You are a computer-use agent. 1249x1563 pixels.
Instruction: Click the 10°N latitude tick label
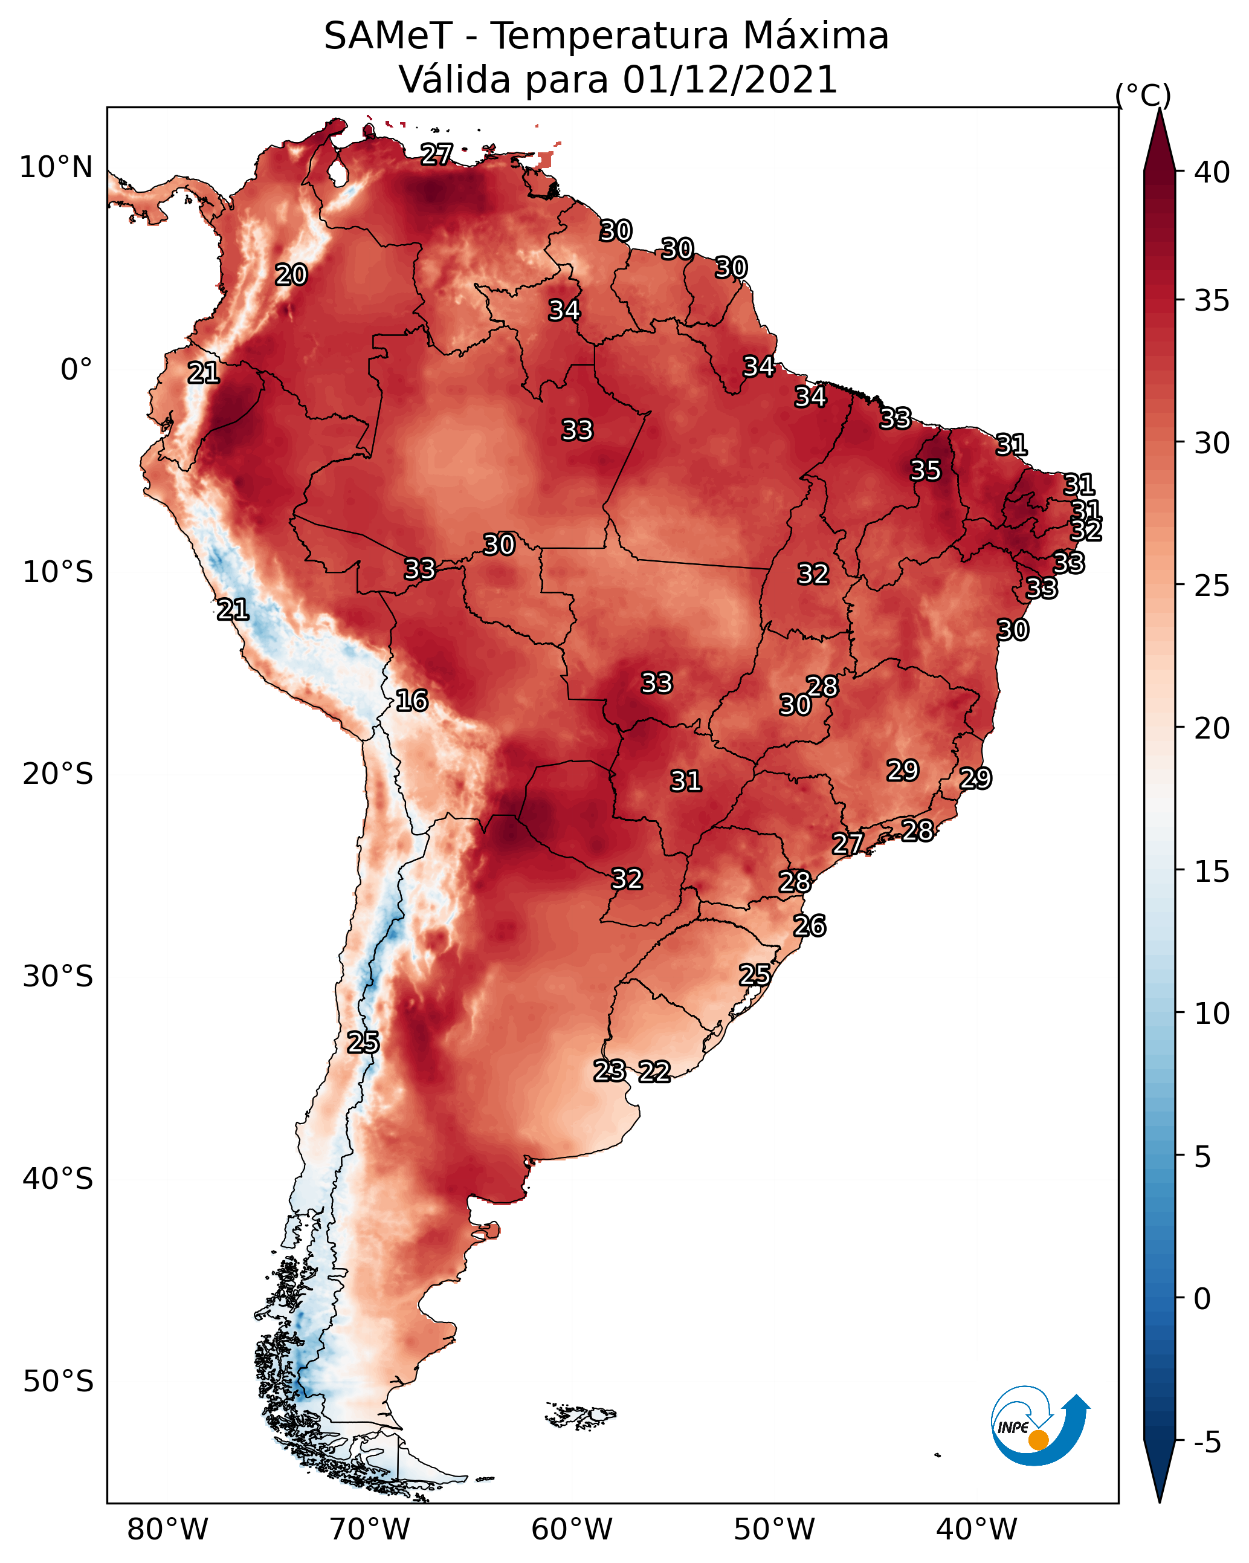click(x=56, y=167)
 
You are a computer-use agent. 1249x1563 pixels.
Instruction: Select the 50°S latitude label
click(x=58, y=1381)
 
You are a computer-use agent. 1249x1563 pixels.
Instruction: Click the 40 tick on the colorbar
click(x=1212, y=172)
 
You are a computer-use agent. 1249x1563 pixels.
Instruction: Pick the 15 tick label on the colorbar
click(x=1212, y=872)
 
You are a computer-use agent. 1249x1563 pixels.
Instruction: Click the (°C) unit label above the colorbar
click(x=1143, y=95)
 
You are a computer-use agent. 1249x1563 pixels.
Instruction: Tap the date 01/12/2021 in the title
click(x=729, y=80)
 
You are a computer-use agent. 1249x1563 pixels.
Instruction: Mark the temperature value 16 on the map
click(x=411, y=701)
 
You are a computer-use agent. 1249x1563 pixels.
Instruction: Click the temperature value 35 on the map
click(x=926, y=470)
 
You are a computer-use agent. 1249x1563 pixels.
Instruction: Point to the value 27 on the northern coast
click(x=436, y=154)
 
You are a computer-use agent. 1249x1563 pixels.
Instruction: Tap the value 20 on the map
click(x=291, y=275)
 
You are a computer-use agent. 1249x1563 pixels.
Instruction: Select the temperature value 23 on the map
click(x=610, y=1071)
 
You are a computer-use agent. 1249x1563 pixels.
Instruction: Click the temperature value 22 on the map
click(x=654, y=1072)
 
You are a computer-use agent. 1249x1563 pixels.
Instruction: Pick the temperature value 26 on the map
click(x=810, y=926)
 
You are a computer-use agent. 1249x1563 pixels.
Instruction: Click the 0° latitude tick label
click(x=76, y=370)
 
